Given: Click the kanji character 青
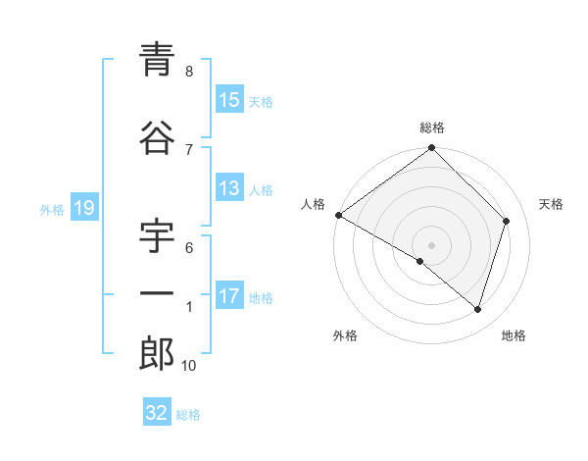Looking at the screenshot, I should click(x=157, y=62).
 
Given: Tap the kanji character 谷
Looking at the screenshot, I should click(x=157, y=139).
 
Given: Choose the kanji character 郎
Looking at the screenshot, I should click(x=157, y=354).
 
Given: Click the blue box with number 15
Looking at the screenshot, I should click(x=229, y=101).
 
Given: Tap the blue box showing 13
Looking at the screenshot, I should click(x=229, y=189).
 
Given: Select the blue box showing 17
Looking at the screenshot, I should click(x=229, y=297).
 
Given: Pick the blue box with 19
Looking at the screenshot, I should click(x=83, y=208).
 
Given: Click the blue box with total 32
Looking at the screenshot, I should click(x=157, y=413).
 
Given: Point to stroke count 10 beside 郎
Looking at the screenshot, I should click(x=189, y=366).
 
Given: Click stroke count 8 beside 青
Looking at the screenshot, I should click(x=189, y=72).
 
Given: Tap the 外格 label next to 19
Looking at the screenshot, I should click(x=52, y=209).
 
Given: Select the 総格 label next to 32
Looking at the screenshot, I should click(x=188, y=415).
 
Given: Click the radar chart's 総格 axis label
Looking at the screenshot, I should click(x=432, y=128).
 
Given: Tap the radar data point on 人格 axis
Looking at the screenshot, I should click(x=338, y=215).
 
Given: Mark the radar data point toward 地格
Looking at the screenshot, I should click(x=478, y=310).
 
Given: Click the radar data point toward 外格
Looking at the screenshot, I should click(x=420, y=261).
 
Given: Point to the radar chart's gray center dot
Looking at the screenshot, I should click(x=432, y=244).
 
